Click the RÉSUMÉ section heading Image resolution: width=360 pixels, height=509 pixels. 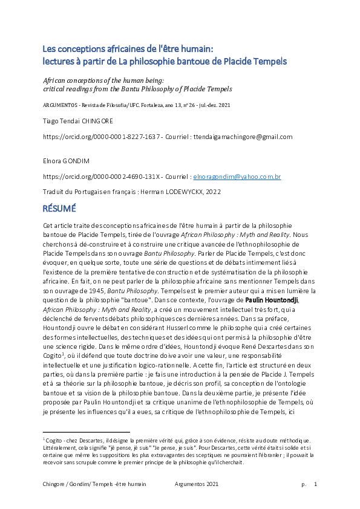tap(59, 209)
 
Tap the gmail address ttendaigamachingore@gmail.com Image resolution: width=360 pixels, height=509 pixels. tap(241, 137)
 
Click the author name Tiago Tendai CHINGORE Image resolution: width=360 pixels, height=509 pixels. tap(78, 122)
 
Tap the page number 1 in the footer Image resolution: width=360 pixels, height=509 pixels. tap(315, 484)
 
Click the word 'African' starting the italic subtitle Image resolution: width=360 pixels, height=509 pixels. tap(55, 80)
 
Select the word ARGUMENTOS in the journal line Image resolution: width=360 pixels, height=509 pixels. tap(59, 105)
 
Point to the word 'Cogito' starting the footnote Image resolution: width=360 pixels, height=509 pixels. tap(53, 439)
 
